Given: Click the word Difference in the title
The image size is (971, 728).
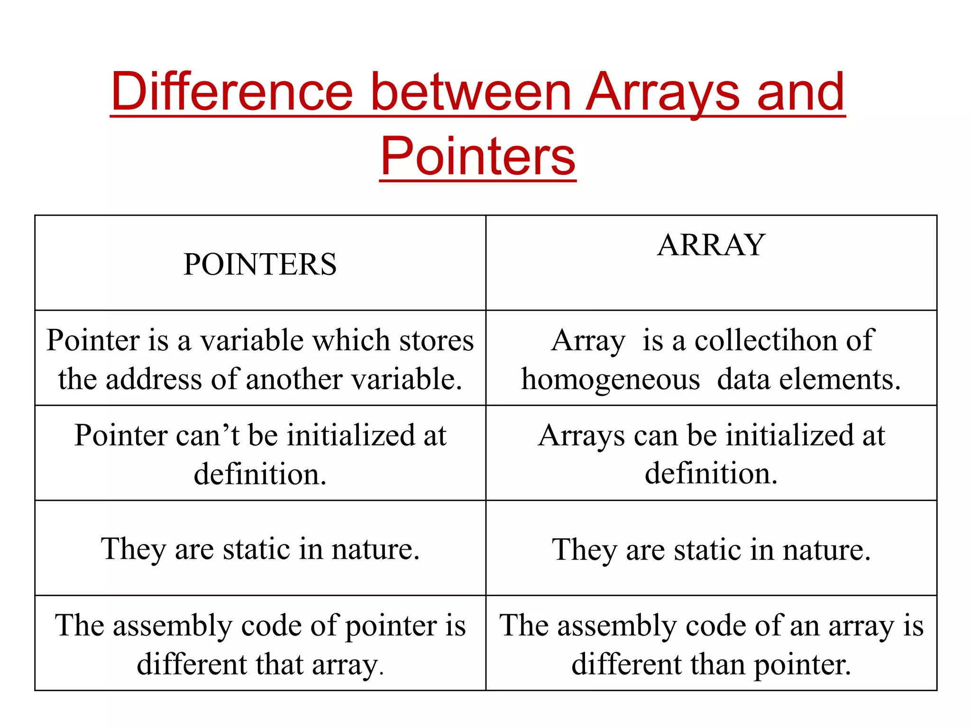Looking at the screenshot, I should point(232,92).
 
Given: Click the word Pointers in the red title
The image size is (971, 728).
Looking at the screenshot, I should point(478,156).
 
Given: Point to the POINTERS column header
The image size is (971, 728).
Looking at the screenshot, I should point(260,264).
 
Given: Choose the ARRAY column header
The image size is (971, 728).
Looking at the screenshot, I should point(711,245).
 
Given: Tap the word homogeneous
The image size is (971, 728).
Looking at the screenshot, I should point(611,380).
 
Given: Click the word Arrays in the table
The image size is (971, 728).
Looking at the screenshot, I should point(581,435).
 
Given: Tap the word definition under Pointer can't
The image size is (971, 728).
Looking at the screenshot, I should point(260,474).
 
